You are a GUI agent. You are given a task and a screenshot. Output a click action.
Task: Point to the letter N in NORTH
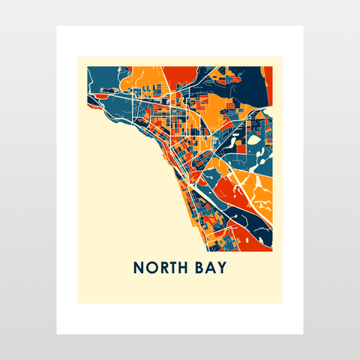click(x=139, y=268)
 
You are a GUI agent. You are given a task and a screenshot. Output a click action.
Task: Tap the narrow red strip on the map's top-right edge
click(x=268, y=79)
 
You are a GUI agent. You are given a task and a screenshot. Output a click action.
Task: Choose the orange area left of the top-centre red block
click(x=146, y=75)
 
